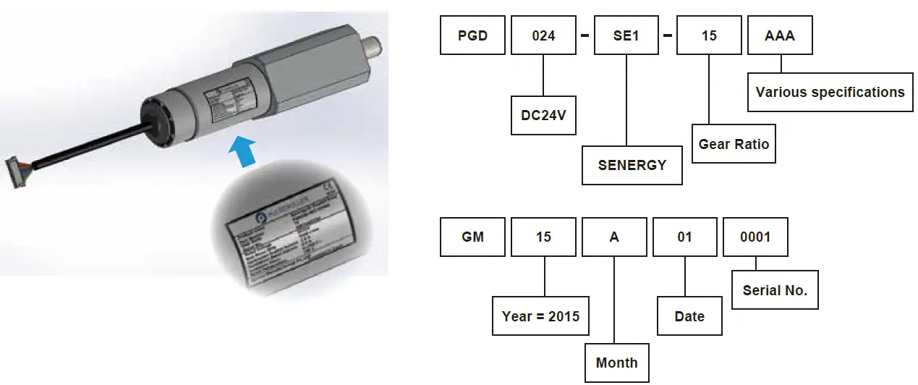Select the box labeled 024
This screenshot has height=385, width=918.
coord(543,35)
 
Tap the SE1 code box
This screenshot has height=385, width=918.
coord(625,35)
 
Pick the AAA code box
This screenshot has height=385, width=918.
coord(780,35)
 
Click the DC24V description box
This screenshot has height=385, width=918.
coord(543,116)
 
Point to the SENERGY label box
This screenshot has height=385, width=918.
coord(632,165)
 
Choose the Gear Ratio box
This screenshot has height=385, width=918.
coord(734,143)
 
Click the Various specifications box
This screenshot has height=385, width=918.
coord(830,93)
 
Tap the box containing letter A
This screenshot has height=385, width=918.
coord(613,237)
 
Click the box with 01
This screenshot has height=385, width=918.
coord(684,237)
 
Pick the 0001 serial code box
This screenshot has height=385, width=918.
coord(755,237)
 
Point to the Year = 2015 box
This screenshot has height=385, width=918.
coord(540,316)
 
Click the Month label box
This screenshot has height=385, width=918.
coord(616,363)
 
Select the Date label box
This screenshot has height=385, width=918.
coord(689,316)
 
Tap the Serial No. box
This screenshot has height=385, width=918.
coord(775,290)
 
